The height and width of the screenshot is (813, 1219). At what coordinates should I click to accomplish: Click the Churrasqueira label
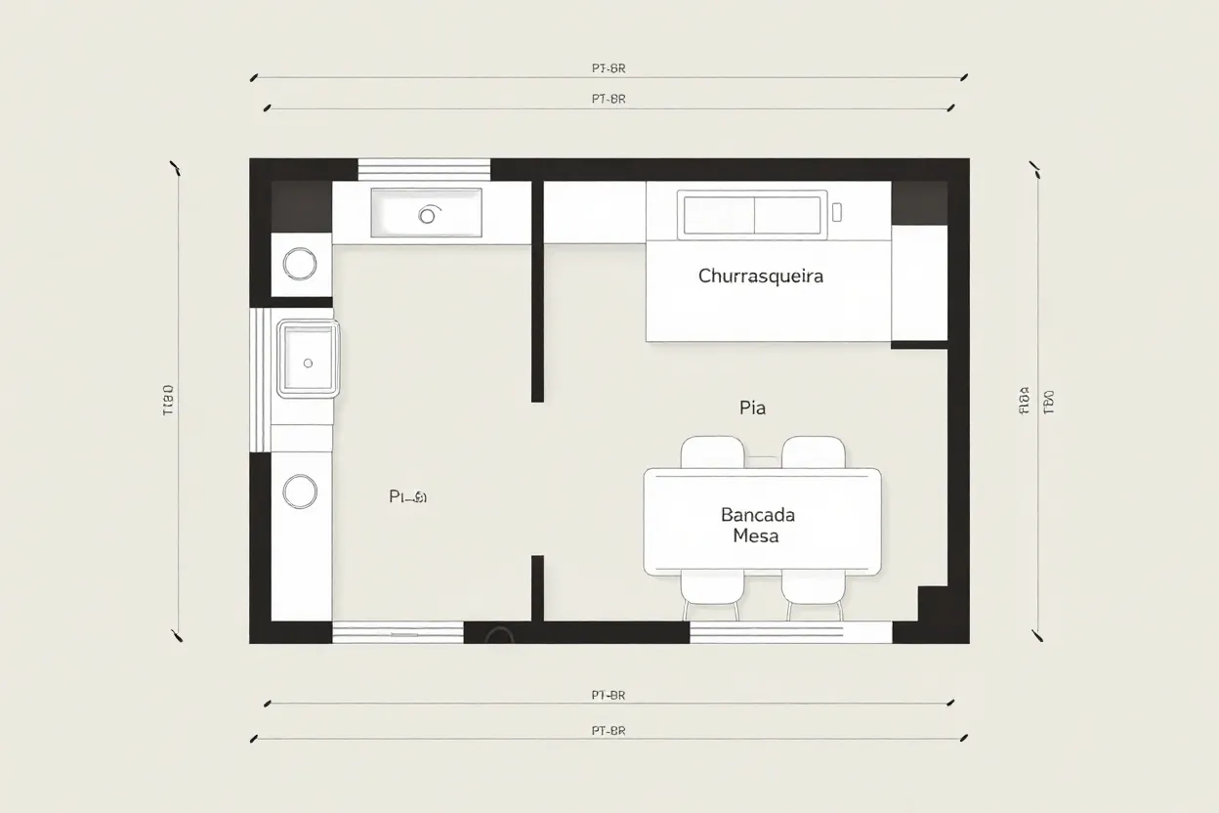(761, 276)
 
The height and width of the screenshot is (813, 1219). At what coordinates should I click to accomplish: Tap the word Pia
(752, 408)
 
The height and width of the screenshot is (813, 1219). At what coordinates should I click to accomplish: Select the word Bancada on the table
(757, 514)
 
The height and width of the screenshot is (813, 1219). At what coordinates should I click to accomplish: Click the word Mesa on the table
(755, 536)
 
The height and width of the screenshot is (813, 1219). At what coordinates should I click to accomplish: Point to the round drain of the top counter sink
(427, 215)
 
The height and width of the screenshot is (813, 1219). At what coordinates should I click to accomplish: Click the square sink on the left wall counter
(309, 360)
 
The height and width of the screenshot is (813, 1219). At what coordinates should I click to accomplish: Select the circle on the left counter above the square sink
(299, 263)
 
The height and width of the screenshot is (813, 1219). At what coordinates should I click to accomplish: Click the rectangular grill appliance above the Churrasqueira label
(752, 214)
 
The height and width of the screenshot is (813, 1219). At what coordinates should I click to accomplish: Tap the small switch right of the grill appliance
(836, 210)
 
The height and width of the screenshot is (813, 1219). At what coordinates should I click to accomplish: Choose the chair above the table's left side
(711, 452)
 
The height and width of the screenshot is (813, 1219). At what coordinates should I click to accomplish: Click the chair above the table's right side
(813, 452)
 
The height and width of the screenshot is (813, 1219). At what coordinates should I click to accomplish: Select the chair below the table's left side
(711, 592)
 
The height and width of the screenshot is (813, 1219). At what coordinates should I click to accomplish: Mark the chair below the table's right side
(813, 592)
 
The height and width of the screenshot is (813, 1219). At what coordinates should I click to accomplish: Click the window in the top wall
(424, 169)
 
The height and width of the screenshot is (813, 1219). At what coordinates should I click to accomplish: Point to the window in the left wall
(259, 379)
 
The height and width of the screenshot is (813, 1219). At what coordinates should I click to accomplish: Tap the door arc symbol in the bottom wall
(499, 634)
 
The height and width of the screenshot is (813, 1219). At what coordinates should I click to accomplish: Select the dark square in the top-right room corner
(919, 202)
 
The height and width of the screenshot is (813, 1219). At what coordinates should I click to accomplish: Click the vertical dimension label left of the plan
(167, 401)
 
